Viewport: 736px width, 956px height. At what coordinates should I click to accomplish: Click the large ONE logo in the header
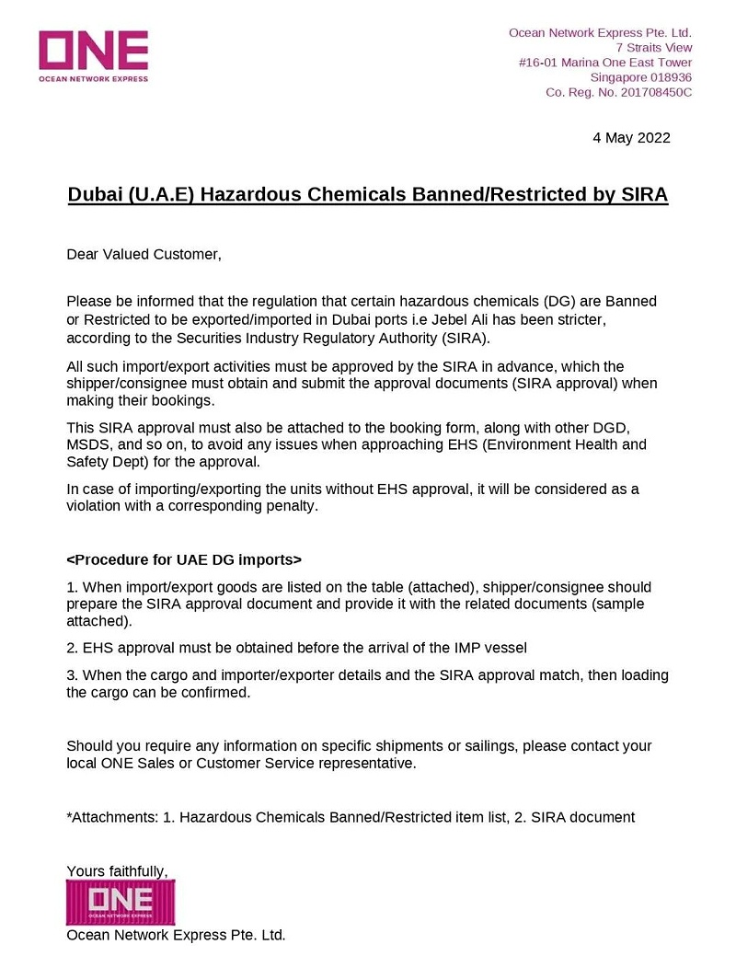93,55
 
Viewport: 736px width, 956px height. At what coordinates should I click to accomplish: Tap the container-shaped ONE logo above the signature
121,902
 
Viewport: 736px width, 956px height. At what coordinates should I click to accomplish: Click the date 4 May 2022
631,138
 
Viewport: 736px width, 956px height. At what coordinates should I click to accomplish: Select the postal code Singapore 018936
641,77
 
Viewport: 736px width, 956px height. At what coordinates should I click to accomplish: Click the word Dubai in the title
97,195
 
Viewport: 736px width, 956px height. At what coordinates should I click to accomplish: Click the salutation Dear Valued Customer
144,253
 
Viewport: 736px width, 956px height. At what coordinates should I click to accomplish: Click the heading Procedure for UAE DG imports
184,559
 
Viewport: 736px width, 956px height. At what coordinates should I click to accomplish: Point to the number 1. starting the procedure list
73,586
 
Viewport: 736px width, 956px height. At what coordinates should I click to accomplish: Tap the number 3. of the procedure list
73,674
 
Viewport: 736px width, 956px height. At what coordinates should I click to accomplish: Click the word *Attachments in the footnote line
110,816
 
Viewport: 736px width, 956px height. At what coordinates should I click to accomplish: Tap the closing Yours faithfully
117,870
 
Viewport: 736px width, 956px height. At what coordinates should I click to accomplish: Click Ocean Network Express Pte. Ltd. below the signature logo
177,935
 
